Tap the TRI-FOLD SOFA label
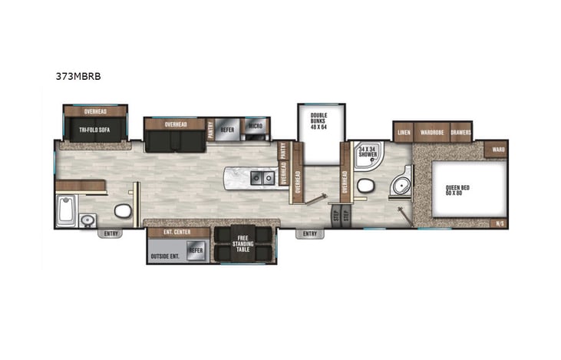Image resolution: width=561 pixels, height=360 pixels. (95, 130)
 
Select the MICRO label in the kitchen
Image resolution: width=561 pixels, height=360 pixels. (254, 126)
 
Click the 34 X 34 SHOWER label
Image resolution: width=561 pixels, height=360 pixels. (368, 151)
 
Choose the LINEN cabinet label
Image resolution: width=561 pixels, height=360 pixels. (404, 132)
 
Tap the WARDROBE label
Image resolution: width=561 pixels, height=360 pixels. (432, 132)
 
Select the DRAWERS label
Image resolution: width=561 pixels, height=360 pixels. (460, 132)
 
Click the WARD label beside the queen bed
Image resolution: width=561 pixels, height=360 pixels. (498, 149)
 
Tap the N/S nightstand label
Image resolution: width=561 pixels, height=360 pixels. (500, 223)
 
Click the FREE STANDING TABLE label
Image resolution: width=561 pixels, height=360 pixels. (245, 243)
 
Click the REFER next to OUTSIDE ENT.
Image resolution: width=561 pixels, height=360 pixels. (196, 250)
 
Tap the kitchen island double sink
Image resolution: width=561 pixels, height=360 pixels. (265, 179)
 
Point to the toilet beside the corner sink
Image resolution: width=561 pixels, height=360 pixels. (365, 184)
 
